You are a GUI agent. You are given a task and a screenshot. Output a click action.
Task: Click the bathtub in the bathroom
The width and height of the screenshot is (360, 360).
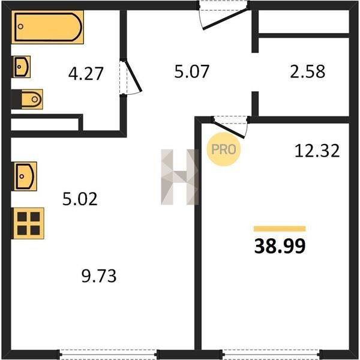(x=47, y=27)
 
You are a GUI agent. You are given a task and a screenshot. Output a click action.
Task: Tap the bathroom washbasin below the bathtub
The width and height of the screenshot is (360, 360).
(x=22, y=67)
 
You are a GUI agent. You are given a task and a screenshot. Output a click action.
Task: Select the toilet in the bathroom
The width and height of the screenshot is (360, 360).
(x=27, y=100)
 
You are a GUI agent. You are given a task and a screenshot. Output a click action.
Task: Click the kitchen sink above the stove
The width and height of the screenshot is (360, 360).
(x=25, y=176)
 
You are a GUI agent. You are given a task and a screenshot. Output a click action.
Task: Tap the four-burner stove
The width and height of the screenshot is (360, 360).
(x=28, y=223)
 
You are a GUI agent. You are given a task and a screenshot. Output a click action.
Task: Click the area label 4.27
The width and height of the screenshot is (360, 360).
(x=86, y=74)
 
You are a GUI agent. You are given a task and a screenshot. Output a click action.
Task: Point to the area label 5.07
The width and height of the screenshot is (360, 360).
(x=192, y=71)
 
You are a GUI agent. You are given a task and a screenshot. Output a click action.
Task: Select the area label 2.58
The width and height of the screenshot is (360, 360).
(x=308, y=71)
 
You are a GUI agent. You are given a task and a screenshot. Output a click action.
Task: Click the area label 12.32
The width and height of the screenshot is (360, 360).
(x=317, y=151)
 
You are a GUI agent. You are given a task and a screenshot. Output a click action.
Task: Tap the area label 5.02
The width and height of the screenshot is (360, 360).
(x=80, y=199)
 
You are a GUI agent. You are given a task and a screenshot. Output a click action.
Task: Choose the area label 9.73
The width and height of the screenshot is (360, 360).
(x=99, y=276)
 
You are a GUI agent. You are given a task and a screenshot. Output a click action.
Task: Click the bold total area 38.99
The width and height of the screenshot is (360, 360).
(x=280, y=246)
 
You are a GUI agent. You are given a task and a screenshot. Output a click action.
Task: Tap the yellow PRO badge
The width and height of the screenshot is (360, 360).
(x=224, y=149)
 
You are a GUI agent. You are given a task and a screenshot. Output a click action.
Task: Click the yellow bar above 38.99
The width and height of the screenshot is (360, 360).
(x=280, y=229)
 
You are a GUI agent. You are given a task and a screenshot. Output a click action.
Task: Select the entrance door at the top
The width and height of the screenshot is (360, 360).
(x=224, y=15)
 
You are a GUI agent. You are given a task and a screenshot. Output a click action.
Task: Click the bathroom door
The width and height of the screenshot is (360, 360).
(x=130, y=77)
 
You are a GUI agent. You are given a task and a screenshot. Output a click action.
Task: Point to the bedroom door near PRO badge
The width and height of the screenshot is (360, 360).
(x=230, y=127)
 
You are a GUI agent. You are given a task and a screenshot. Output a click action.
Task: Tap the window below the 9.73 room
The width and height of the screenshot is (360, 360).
(x=108, y=354)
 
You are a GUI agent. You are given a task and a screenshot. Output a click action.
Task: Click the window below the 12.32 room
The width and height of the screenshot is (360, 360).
(x=271, y=354)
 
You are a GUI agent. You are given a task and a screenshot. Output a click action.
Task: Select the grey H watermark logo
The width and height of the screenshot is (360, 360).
(x=180, y=177)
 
